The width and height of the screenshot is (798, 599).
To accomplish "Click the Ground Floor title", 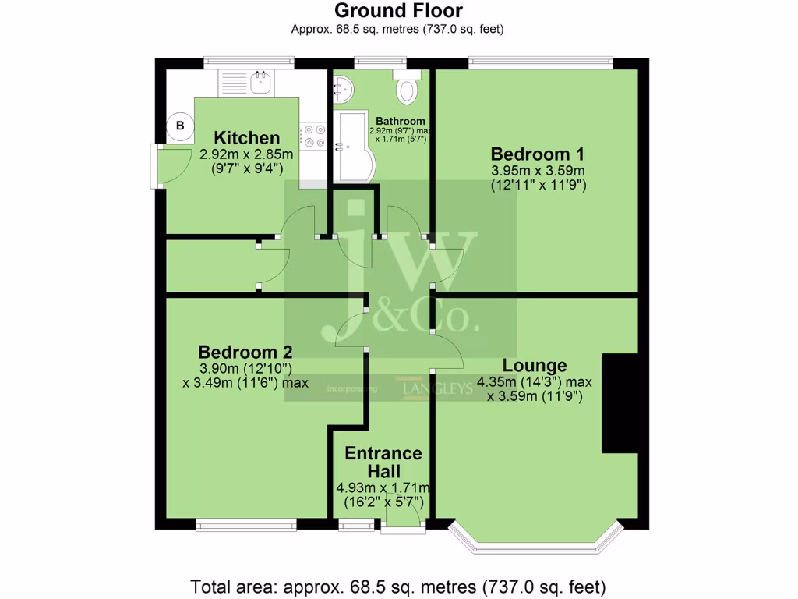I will click(x=398, y=11).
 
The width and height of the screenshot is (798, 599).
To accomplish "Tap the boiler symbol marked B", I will click(x=180, y=126).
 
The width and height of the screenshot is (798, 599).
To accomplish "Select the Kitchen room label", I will click(x=247, y=138).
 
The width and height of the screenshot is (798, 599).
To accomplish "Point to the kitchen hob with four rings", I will click(x=314, y=136).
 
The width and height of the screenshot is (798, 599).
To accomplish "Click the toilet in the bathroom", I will click(x=408, y=89).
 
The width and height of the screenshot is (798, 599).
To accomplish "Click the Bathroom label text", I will click(x=401, y=121).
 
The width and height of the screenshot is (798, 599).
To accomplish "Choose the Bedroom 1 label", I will click(x=538, y=153).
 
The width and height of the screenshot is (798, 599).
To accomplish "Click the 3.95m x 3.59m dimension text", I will click(x=538, y=170).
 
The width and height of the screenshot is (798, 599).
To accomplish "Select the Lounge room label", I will click(x=534, y=365).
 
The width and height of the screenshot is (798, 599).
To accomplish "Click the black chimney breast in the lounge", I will click(x=620, y=403).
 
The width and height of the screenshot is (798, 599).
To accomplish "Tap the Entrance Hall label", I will click(x=383, y=463).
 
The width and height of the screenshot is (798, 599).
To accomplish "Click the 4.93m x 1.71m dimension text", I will click(x=383, y=488).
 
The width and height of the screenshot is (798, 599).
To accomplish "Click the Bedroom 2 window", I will click(x=246, y=526).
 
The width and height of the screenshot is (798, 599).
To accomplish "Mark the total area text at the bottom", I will click(x=398, y=586).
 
